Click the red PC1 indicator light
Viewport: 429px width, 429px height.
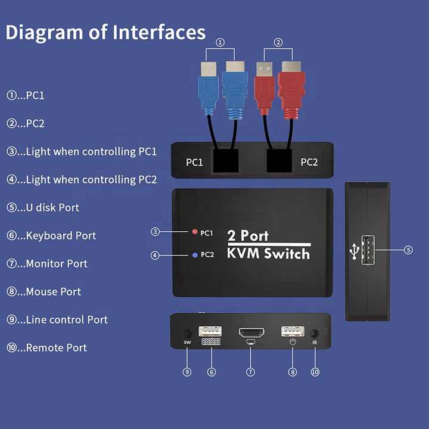click(x=194, y=232)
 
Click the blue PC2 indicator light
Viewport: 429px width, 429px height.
click(x=195, y=255)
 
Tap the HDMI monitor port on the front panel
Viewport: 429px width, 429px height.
click(x=251, y=332)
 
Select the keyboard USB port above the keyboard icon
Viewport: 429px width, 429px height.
click(x=210, y=331)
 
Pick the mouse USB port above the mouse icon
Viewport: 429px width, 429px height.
click(x=293, y=331)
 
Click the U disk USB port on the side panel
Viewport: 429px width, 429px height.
click(x=368, y=250)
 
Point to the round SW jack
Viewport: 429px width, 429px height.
click(x=187, y=333)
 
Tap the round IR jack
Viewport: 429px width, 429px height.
click(x=315, y=334)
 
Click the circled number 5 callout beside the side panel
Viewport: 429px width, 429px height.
click(x=408, y=250)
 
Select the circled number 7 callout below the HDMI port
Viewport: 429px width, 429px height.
click(x=250, y=372)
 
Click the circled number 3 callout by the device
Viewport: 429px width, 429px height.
click(x=155, y=232)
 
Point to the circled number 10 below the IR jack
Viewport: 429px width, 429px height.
click(x=315, y=372)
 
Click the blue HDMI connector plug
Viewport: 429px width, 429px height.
click(x=235, y=91)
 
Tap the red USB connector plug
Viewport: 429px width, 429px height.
click(x=264, y=88)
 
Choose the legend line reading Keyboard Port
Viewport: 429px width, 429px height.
click(x=51, y=235)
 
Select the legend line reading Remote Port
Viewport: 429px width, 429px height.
click(x=46, y=348)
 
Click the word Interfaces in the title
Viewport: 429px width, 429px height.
click(x=159, y=32)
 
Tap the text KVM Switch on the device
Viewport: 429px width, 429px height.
click(x=268, y=254)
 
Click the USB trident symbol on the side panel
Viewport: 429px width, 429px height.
click(x=355, y=251)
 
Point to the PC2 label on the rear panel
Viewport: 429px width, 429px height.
click(x=309, y=162)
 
